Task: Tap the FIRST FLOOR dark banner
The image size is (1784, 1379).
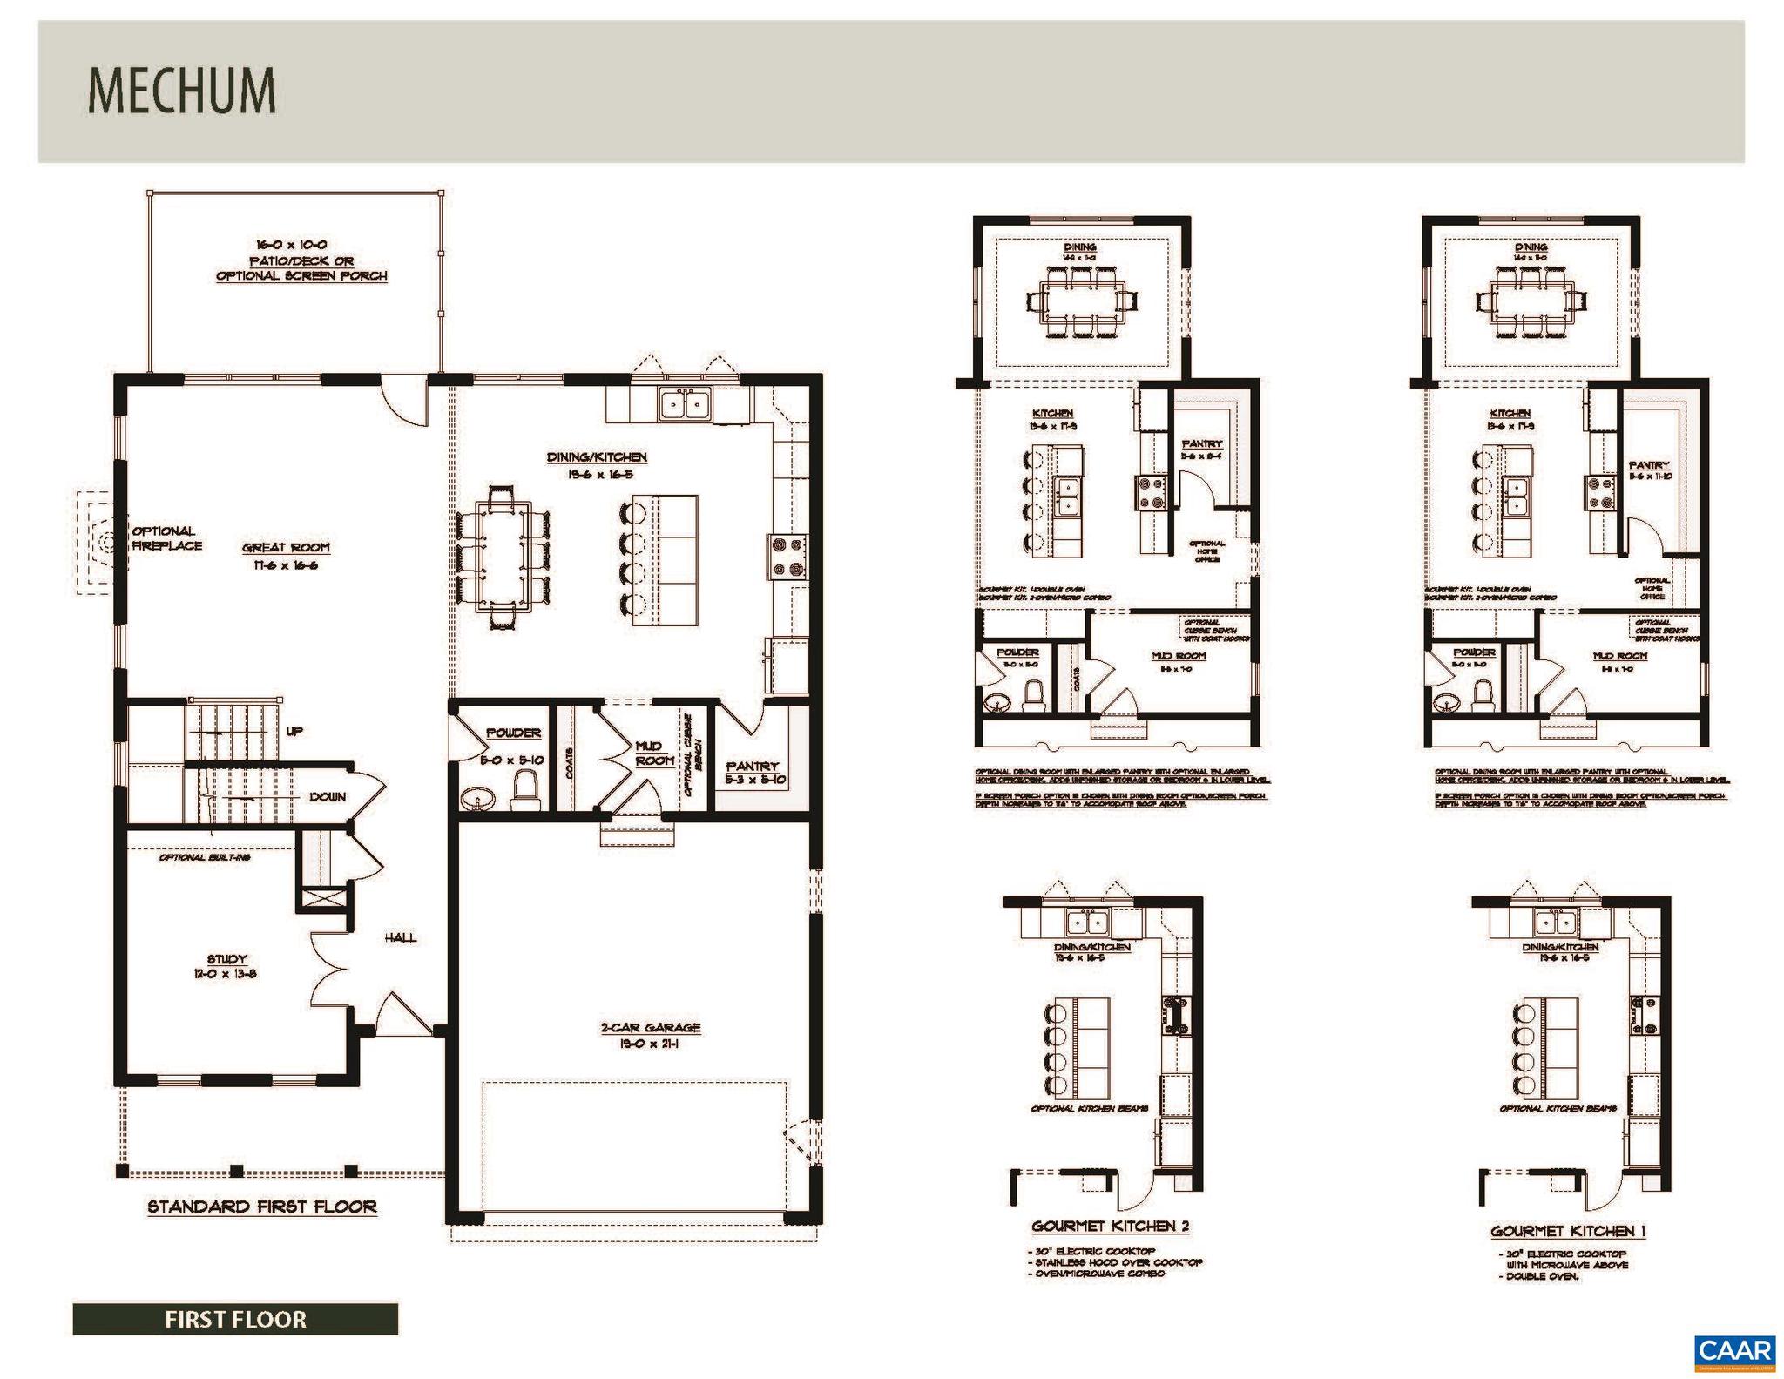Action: pyautogui.click(x=235, y=1319)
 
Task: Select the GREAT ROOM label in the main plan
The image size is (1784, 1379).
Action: pyautogui.click(x=286, y=548)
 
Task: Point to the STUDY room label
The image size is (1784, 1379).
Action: pyautogui.click(x=226, y=959)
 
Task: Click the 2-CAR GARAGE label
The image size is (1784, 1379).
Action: pyautogui.click(x=650, y=1028)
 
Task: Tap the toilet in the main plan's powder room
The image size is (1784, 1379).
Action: pyautogui.click(x=526, y=790)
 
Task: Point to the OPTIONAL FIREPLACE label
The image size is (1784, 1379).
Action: pyautogui.click(x=166, y=538)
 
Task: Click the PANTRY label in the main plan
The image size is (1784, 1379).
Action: pyautogui.click(x=751, y=767)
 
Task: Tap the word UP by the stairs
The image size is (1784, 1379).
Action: pyautogui.click(x=294, y=731)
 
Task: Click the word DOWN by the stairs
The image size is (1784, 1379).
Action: pyautogui.click(x=327, y=797)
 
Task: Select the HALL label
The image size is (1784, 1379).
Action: pyautogui.click(x=400, y=937)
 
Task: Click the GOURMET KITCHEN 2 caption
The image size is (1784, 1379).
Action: pyautogui.click(x=1110, y=1227)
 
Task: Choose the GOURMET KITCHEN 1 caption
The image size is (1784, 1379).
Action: pyautogui.click(x=1568, y=1231)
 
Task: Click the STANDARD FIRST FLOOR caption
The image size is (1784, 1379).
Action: pyautogui.click(x=261, y=1207)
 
